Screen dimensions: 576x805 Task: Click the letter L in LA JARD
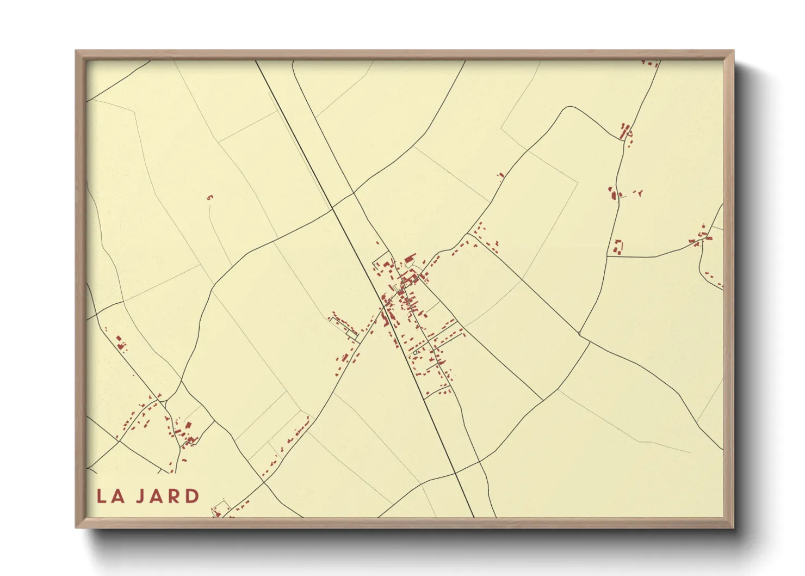[x=102, y=497]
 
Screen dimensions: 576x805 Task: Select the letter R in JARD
[x=176, y=497]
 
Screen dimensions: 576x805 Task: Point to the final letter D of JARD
[x=193, y=497]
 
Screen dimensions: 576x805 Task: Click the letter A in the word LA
[x=117, y=497]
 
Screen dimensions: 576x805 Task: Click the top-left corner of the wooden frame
[x=76, y=51]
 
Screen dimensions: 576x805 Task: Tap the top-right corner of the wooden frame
[x=733, y=51]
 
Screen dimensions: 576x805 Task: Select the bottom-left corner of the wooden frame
[x=76, y=527]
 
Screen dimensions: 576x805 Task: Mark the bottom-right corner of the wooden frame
[x=733, y=527]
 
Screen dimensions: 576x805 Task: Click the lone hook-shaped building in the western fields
[x=210, y=197]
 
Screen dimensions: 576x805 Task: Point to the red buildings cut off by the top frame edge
[x=650, y=64]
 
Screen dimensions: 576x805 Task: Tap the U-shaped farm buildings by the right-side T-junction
[x=618, y=247]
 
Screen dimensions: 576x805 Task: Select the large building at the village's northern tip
[x=410, y=256]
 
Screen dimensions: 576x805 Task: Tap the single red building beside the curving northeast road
[x=501, y=175]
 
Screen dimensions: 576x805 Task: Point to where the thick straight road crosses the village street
[x=385, y=307]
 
